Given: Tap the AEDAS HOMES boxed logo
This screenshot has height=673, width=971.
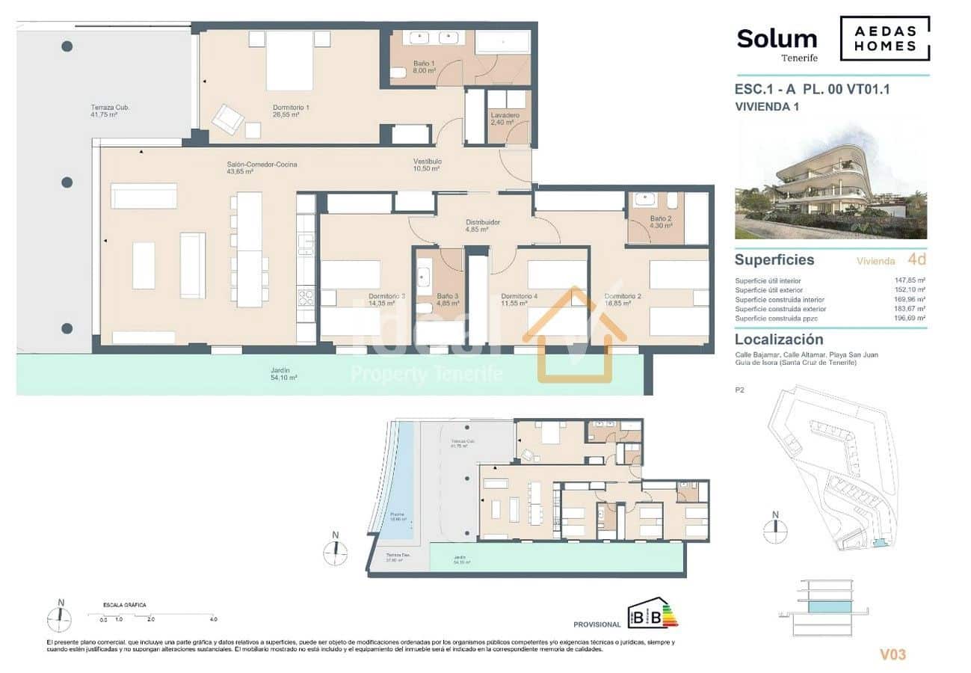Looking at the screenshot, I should pos(885,39).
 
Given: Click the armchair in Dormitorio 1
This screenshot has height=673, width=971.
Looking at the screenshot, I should pos(228,119).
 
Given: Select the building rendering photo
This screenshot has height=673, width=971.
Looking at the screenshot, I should pos(830,181).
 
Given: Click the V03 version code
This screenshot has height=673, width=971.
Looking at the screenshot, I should pos(893,655).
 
